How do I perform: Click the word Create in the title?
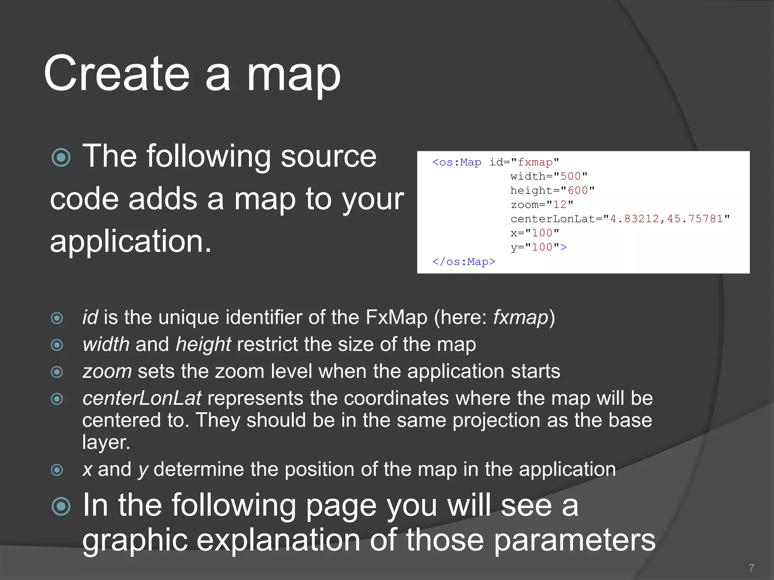click(x=117, y=74)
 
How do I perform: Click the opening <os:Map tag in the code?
click(x=457, y=162)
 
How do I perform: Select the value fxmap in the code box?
click(x=535, y=162)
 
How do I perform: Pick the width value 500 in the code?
click(x=570, y=176)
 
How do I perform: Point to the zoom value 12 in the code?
click(x=560, y=205)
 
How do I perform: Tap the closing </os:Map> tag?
click(x=463, y=262)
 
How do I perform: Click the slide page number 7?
click(x=751, y=568)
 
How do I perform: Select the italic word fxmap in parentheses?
click(x=521, y=317)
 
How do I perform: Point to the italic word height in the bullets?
click(x=203, y=344)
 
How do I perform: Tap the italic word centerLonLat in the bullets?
click(x=142, y=398)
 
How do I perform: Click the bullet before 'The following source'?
click(x=61, y=157)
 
